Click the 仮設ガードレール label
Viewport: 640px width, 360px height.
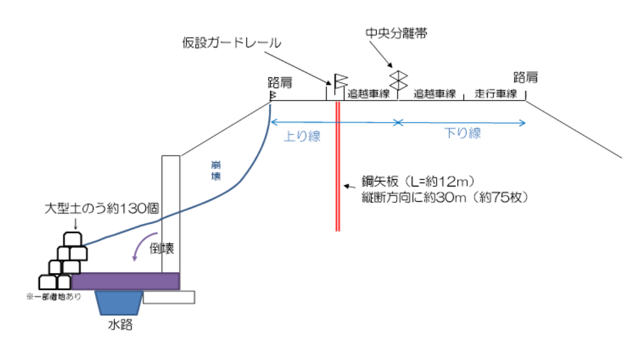tap(231, 42)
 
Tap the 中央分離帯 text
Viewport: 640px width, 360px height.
tap(396, 33)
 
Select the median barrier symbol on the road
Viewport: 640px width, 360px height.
tap(399, 81)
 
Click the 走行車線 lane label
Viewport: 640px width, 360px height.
tap(496, 94)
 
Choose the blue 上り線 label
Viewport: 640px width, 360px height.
tap(302, 136)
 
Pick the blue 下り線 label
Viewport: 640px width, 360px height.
tap(462, 133)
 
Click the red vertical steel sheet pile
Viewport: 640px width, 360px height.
tap(338, 167)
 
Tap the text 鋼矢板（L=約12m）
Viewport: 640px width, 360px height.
tap(418, 181)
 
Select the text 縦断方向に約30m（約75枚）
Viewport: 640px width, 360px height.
tap(445, 198)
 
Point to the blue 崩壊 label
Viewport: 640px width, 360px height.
tap(216, 171)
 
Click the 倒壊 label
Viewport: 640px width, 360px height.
tap(162, 248)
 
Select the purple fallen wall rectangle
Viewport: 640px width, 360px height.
tap(126, 281)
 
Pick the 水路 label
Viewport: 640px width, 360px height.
tap(120, 325)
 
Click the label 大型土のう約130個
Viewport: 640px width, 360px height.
tap(102, 209)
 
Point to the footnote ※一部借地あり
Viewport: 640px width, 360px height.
tap(54, 297)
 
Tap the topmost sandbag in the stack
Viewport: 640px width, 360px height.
tap(73, 239)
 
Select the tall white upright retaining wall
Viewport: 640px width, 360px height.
tap(171, 214)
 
